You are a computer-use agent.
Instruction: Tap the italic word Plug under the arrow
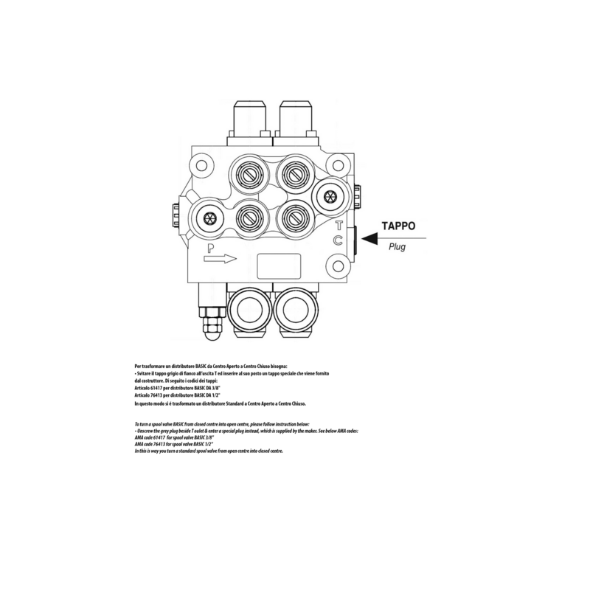[397, 248]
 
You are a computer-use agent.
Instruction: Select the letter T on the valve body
[339, 226]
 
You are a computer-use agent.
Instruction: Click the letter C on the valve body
[338, 240]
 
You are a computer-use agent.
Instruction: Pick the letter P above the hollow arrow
[211, 248]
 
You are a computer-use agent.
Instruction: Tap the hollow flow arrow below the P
[221, 259]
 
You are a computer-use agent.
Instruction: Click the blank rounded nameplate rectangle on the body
[276, 264]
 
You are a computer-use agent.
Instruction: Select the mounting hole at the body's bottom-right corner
[338, 265]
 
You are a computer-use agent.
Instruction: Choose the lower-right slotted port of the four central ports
[293, 217]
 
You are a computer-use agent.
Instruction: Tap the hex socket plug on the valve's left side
[209, 218]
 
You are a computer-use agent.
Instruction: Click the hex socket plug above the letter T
[328, 196]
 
